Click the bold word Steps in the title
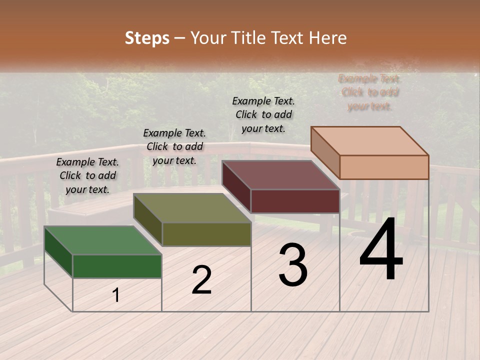point(147,38)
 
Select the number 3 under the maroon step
point(292,265)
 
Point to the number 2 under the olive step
point(201,280)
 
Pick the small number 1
point(116,295)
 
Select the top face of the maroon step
point(281,174)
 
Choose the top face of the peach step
point(370,140)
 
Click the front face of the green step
point(117,266)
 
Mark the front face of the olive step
point(206,234)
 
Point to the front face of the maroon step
point(295,201)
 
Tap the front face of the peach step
point(384,167)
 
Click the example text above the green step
point(87,175)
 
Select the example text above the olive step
point(174,146)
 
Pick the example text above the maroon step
point(263,114)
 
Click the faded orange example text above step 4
point(369,92)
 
